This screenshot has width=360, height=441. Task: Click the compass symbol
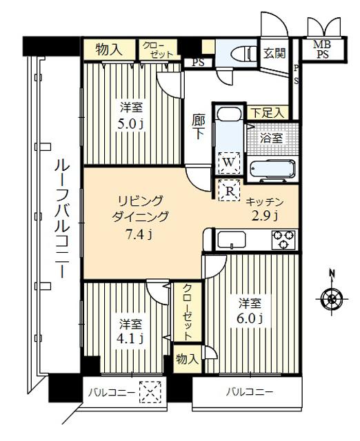pos(332,298)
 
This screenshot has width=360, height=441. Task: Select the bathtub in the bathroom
pos(270,169)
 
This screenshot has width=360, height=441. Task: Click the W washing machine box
pos(227,160)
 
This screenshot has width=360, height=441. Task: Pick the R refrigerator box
pos(228,190)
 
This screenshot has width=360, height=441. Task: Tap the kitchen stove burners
pos(283,239)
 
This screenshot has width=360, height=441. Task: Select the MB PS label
pos(321,50)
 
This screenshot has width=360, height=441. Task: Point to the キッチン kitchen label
pos(264,202)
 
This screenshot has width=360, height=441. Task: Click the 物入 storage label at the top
pos(109,50)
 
